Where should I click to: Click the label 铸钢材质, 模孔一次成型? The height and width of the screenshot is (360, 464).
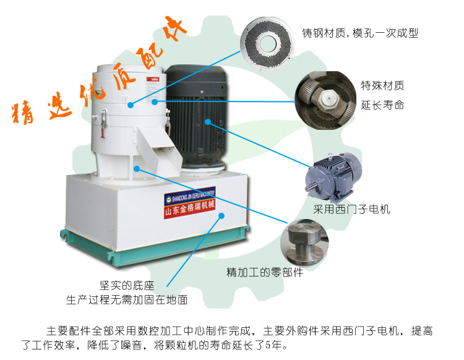click(x=359, y=32)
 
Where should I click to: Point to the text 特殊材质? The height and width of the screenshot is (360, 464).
click(x=382, y=85)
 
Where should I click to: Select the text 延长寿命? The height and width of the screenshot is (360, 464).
click(x=382, y=105)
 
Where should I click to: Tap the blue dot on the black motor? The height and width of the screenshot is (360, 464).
click(x=209, y=122)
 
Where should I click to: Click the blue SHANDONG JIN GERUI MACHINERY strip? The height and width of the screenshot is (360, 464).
click(x=192, y=199)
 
